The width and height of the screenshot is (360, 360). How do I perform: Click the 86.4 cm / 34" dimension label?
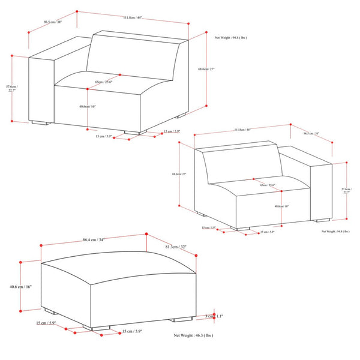tap(92, 240)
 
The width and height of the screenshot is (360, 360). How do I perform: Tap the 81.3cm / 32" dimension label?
tap(176, 246)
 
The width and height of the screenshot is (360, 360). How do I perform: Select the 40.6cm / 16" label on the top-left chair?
tap(88, 106)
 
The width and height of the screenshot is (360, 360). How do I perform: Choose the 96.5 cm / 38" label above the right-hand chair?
tap(310, 134)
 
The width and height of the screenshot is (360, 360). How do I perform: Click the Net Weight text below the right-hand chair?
tap(335, 230)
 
